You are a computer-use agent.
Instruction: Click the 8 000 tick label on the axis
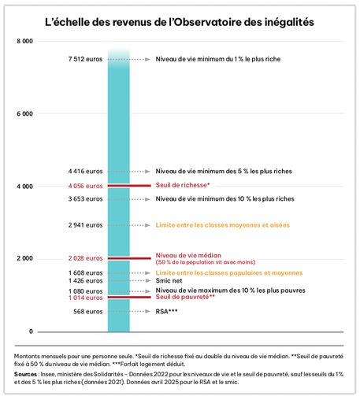point(24,41)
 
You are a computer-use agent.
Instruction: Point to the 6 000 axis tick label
point(24,113)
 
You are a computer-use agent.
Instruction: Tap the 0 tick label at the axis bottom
point(31,331)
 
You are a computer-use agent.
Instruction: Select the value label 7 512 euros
point(85,59)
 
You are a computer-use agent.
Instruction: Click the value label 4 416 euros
point(85,172)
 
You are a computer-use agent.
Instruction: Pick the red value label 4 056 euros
point(85,186)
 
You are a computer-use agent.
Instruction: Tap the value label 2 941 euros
point(85,225)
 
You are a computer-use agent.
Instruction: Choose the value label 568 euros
point(88,312)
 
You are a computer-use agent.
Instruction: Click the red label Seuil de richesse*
point(183,185)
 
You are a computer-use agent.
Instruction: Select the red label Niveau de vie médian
point(188,255)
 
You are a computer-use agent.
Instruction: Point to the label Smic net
point(169,281)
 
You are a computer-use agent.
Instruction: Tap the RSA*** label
point(166,311)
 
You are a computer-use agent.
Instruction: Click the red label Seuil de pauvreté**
point(185,297)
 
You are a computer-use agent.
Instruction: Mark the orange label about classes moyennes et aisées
point(223,225)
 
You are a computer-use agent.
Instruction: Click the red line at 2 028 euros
point(129,258)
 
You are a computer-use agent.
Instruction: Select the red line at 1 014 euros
point(129,298)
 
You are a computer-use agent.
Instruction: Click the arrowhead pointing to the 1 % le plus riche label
point(147,59)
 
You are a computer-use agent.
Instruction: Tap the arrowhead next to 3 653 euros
point(147,199)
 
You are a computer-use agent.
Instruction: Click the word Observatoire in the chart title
point(208,22)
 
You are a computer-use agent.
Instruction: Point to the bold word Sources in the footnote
point(25,374)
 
